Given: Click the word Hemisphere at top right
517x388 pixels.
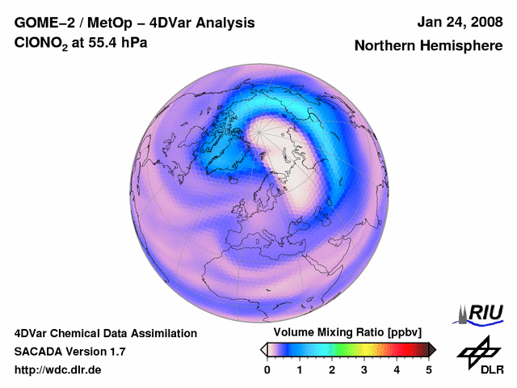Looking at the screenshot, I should [464, 46].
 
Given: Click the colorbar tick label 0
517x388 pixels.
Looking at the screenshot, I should [267, 369].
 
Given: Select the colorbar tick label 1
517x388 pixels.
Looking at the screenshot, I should [300, 369].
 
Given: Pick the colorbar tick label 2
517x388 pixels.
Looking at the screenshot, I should [332, 369].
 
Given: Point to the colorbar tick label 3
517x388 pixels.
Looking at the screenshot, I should [364, 369].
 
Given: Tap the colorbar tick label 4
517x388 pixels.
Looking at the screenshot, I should [397, 369].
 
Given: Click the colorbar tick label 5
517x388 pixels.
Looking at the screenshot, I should [429, 369].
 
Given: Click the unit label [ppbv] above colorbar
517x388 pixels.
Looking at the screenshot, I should [403, 333].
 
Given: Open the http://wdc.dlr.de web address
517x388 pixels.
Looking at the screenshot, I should [57, 370].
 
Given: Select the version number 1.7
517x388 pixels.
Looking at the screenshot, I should [116, 352].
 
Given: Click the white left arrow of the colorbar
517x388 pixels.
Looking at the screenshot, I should [263, 349].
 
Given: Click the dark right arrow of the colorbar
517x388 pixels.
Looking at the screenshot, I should [433, 349].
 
